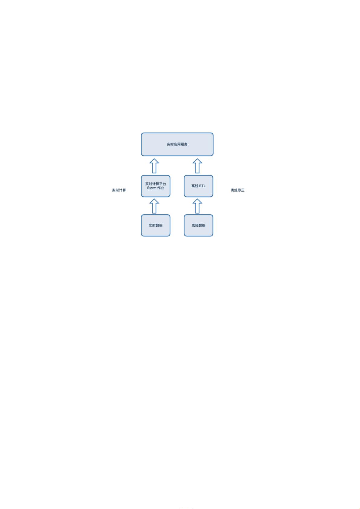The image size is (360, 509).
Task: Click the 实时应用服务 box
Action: pyautogui.click(x=177, y=144)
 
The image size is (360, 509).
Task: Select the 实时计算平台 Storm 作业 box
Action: pyautogui.click(x=156, y=186)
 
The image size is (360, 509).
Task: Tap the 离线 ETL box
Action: pyautogui.click(x=198, y=186)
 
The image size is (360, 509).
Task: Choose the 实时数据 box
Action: pyautogui.click(x=156, y=225)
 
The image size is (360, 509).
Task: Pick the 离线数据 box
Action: pyautogui.click(x=198, y=225)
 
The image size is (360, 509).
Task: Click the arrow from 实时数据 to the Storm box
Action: pyautogui.click(x=154, y=206)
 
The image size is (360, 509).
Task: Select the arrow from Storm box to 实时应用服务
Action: pyautogui.click(x=154, y=166)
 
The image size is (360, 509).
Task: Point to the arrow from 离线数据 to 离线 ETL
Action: pyautogui.click(x=197, y=206)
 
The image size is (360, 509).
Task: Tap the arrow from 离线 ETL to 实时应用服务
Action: pyautogui.click(x=197, y=166)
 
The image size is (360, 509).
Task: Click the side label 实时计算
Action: pyautogui.click(x=119, y=190)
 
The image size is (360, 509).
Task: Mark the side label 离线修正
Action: pyautogui.click(x=238, y=190)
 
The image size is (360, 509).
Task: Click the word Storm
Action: pyautogui.click(x=152, y=188)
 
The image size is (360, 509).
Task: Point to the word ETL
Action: pyautogui.click(x=202, y=186)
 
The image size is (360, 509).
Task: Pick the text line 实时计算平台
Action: pyautogui.click(x=156, y=184)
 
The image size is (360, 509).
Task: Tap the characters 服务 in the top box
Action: pyautogui.click(x=184, y=144)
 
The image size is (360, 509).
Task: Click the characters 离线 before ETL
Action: pyautogui.click(x=195, y=186)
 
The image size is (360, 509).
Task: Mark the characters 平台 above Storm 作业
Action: pyautogui.click(x=163, y=184)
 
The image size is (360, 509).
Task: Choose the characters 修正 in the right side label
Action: pyautogui.click(x=241, y=190)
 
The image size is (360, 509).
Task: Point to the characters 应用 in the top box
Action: pyautogui.click(x=177, y=144)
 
